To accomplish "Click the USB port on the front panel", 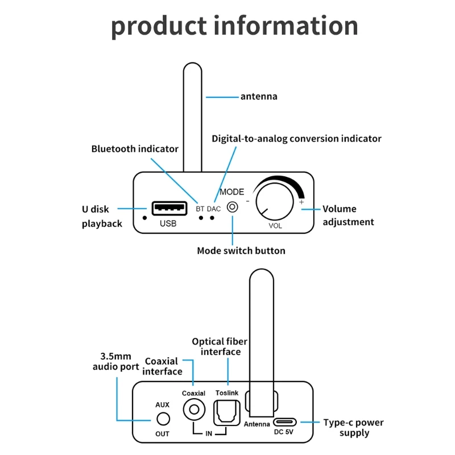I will click(168, 208).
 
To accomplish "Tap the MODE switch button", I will click(232, 207).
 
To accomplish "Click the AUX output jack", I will click(163, 419).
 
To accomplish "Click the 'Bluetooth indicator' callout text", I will click(135, 149).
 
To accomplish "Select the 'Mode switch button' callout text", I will click(241, 251).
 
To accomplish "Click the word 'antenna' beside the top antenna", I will click(259, 97).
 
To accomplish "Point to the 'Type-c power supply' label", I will click(353, 428).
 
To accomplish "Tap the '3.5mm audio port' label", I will click(116, 362).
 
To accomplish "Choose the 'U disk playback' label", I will click(102, 216).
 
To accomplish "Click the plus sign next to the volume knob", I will click(301, 202).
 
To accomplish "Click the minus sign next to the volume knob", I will click(247, 201).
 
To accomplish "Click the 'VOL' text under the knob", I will click(276, 225).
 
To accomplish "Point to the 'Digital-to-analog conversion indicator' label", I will click(296, 139).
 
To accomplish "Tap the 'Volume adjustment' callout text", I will click(348, 215).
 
